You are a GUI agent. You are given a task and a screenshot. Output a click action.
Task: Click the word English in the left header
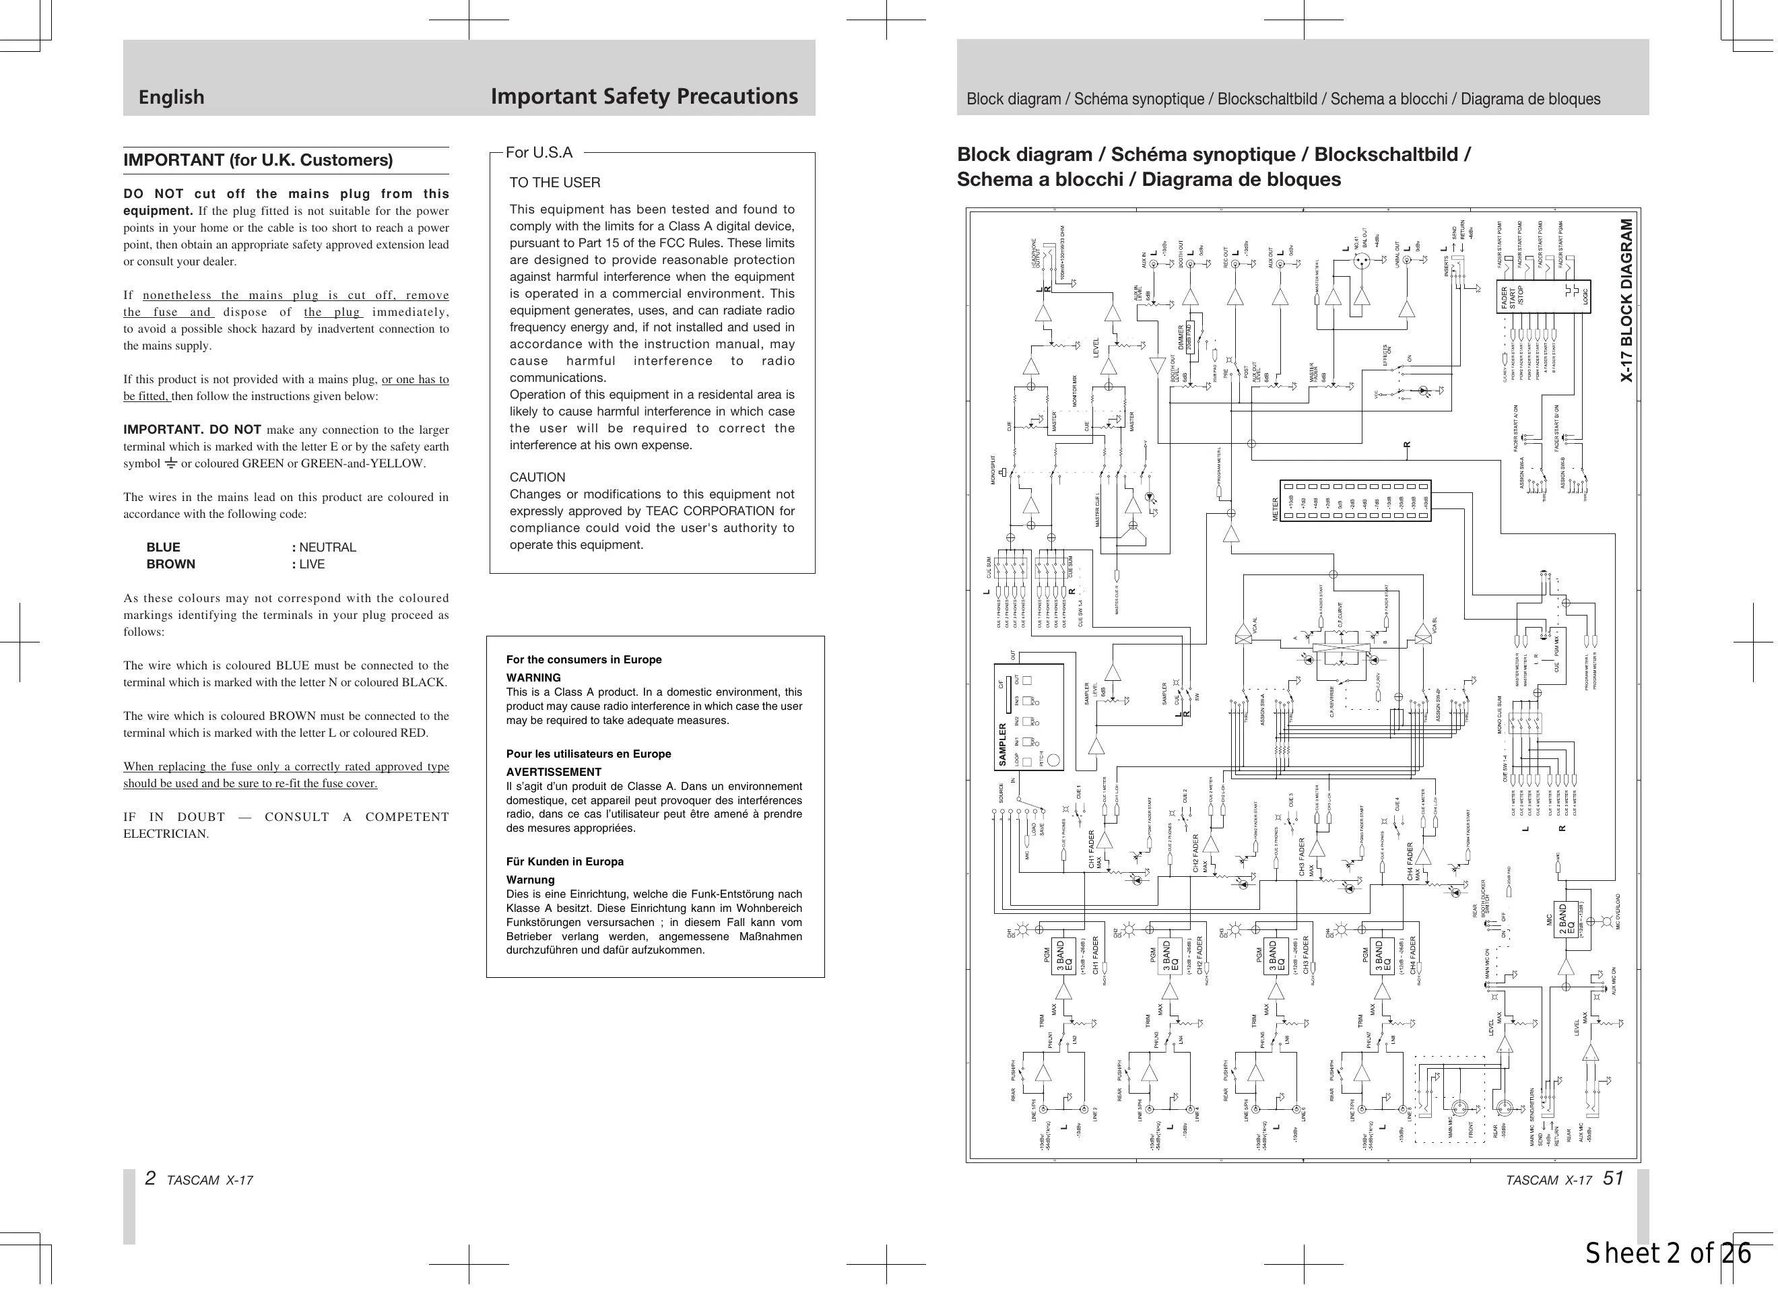[x=171, y=97]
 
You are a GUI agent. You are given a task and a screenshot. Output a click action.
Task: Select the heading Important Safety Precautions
[x=644, y=96]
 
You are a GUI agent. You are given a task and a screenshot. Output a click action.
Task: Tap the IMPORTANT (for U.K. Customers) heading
[x=258, y=160]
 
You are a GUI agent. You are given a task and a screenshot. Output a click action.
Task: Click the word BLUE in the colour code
[x=163, y=548]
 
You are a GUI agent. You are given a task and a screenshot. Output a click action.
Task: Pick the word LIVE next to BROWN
[x=312, y=564]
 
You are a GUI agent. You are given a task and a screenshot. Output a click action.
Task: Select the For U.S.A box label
[x=539, y=153]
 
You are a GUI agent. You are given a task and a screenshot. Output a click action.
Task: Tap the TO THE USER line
[x=555, y=183]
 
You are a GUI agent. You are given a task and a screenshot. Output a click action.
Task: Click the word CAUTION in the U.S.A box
[x=537, y=477]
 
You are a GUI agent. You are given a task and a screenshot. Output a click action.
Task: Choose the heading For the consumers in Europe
[x=584, y=659]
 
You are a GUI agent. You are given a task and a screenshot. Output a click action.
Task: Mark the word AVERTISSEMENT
[x=554, y=772]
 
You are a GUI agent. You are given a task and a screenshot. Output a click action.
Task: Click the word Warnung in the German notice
[x=530, y=880]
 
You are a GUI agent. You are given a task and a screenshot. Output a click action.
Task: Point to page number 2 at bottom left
[x=150, y=1179]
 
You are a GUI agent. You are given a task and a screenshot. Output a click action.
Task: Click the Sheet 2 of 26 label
[x=1668, y=1255]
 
